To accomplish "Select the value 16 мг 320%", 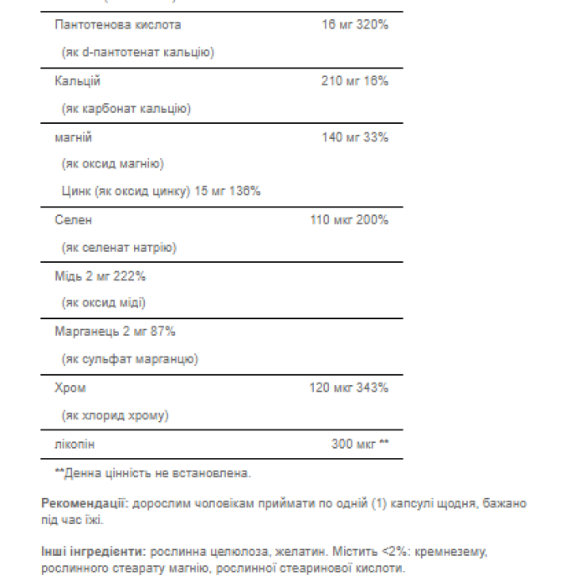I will tap(355, 25).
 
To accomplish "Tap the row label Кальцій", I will tap(77, 81).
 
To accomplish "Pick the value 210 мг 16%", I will tap(355, 81).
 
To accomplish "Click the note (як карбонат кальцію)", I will tap(126, 109).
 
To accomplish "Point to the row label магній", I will tap(73, 136).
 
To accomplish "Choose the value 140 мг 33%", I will tap(355, 136).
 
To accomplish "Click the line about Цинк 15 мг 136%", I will tap(161, 191).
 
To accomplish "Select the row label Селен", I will tap(74, 220).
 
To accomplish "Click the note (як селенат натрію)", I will tap(119, 248).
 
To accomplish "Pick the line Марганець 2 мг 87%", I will tap(115, 332).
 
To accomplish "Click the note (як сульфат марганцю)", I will tap(130, 359).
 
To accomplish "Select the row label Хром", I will tap(70, 388).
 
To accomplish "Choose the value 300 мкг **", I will tap(360, 443).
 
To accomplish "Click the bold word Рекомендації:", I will tap(84, 504).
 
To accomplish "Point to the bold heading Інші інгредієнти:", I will tap(92, 553).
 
